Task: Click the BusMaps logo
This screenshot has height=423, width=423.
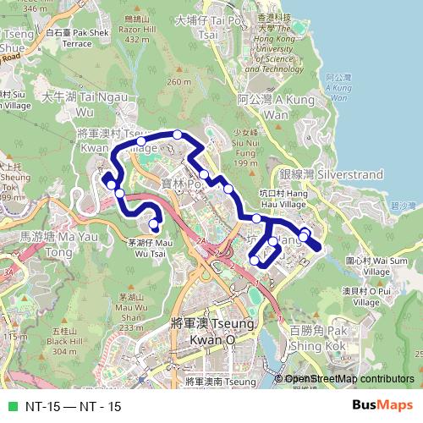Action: point(382,405)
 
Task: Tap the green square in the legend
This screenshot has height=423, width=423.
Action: point(11,406)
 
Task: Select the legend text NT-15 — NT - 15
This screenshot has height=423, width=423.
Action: point(73,406)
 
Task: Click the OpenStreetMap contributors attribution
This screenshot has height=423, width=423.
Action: point(349,379)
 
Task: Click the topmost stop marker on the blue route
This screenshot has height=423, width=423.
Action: point(177,135)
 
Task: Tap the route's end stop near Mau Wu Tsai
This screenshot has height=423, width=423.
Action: point(154,224)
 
